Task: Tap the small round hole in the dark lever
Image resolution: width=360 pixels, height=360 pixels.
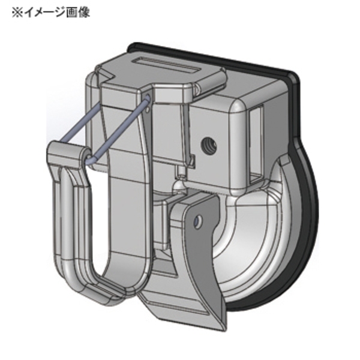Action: tap(197, 223)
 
